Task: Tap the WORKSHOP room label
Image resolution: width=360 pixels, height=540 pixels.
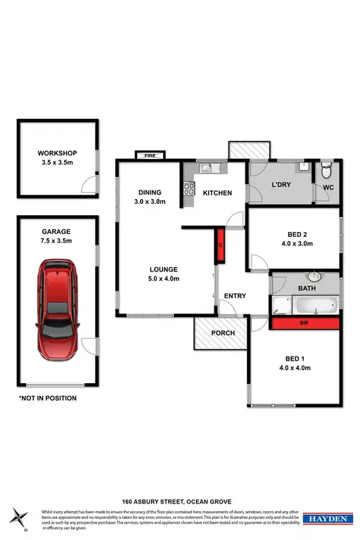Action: [58, 154]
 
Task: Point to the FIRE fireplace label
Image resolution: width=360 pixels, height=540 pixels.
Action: [150, 155]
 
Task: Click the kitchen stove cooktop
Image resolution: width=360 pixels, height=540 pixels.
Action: [188, 189]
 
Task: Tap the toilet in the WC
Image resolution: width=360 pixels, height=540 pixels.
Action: [326, 172]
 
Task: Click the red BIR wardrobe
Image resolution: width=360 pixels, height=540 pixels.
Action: [304, 324]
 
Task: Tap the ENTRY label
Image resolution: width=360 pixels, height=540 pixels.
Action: [235, 296]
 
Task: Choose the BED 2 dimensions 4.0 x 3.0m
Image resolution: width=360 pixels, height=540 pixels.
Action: [295, 244]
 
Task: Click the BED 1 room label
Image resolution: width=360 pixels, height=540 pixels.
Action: [295, 358]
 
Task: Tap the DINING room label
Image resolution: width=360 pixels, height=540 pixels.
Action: [150, 192]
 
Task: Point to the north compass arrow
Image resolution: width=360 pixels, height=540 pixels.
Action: [21, 518]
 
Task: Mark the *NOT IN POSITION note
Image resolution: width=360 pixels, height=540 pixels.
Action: [48, 398]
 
